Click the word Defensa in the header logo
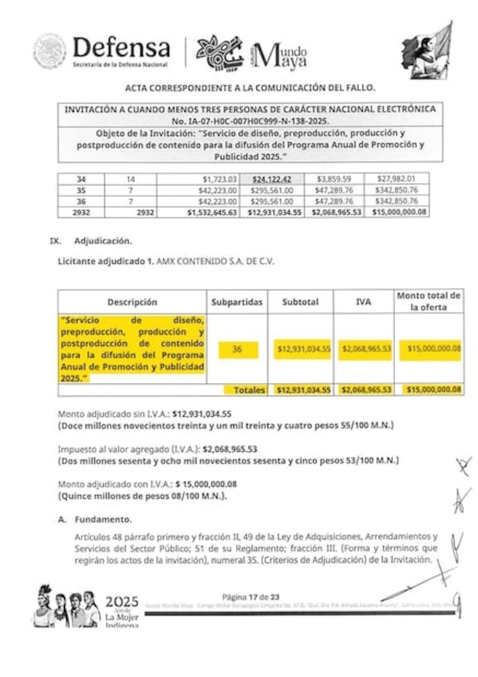(x=121, y=48)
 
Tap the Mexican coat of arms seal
(x=49, y=51)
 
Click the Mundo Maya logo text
(x=280, y=56)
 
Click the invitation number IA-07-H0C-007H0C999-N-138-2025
(x=250, y=121)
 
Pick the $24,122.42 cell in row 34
(x=272, y=179)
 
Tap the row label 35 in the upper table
(x=81, y=190)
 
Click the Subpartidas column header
(x=237, y=302)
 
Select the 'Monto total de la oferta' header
(x=429, y=301)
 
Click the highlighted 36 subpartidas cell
(x=237, y=349)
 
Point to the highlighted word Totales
(x=249, y=390)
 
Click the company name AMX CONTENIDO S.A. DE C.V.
(x=215, y=261)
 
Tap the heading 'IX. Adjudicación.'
(x=91, y=241)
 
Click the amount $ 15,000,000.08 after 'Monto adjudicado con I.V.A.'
(x=206, y=484)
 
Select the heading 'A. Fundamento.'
(x=95, y=519)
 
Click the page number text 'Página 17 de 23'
(x=251, y=597)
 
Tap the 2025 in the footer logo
(x=122, y=602)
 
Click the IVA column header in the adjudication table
(x=363, y=302)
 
